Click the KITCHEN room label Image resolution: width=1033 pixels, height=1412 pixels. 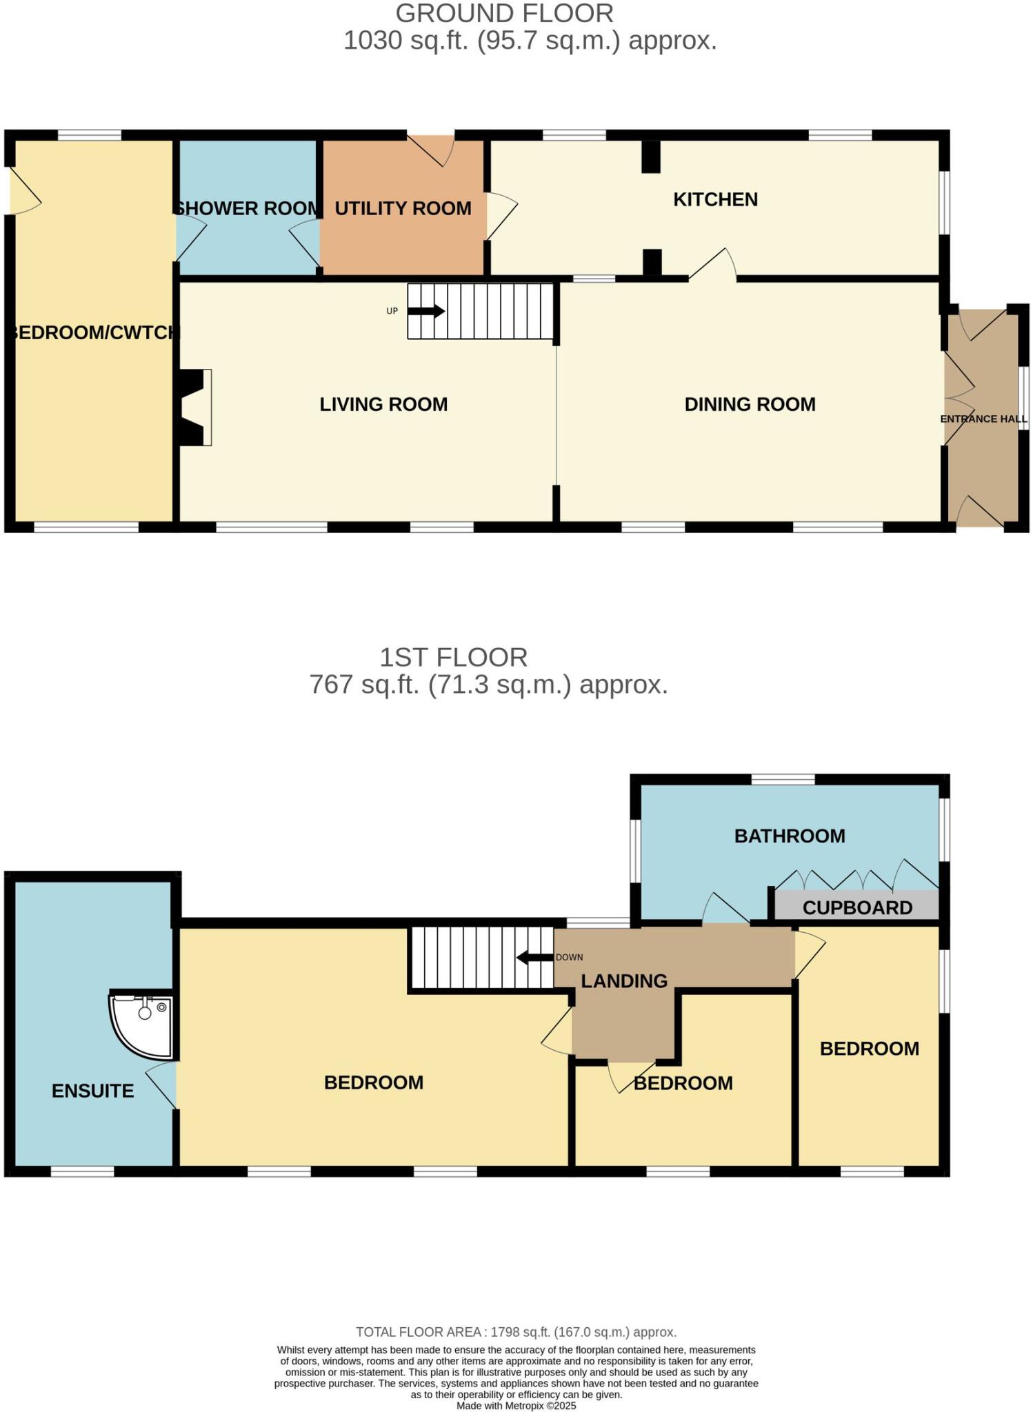point(715,200)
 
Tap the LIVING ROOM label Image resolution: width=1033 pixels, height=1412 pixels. point(383,405)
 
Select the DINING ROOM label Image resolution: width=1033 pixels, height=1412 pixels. point(750,405)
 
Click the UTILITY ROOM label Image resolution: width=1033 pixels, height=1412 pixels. point(403,208)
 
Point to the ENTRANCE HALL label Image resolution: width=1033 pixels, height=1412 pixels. point(983,419)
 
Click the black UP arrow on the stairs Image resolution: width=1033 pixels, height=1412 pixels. point(426,311)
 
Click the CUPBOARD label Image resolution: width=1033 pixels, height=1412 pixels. point(857,908)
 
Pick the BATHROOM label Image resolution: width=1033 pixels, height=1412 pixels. point(790,836)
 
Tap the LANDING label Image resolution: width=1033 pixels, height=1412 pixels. point(624,981)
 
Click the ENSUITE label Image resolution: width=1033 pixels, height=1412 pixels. point(93,1091)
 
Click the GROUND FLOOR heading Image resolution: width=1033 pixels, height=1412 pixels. point(504,14)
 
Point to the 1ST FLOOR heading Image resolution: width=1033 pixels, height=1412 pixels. point(453,657)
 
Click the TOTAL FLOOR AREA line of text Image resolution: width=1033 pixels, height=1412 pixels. point(516,1332)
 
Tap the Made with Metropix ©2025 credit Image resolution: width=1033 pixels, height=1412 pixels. point(516,1405)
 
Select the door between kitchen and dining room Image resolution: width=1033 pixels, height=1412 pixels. point(712,265)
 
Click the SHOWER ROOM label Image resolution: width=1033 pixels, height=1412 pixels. point(247,208)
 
